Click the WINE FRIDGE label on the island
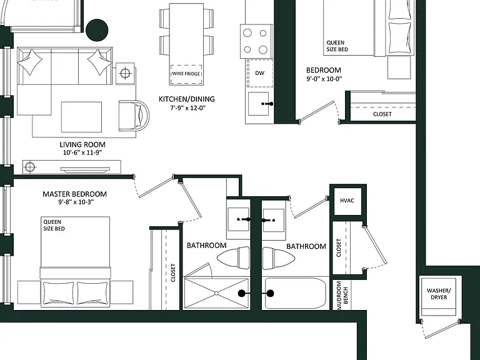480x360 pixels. [x=186, y=74]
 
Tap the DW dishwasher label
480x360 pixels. [x=259, y=73]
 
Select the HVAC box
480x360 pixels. [x=347, y=201]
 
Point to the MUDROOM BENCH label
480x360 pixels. [x=342, y=296]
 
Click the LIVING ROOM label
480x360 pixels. [x=82, y=144]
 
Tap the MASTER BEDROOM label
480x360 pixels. [x=75, y=194]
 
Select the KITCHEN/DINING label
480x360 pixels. [x=187, y=99]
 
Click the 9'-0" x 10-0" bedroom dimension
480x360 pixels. [x=324, y=79]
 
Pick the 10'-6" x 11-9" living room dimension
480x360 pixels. [x=82, y=152]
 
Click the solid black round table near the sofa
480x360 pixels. [x=97, y=30]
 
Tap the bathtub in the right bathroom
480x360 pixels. [x=295, y=293]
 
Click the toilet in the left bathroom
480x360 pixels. [x=234, y=257]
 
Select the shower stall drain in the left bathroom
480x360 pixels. [x=216, y=293]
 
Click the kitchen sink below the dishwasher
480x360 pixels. [x=258, y=104]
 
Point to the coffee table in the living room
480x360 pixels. [x=81, y=117]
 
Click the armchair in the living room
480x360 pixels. [x=134, y=116]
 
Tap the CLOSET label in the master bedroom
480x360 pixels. [x=173, y=272]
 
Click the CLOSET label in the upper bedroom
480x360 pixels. [x=382, y=114]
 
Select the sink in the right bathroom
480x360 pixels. [x=274, y=221]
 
